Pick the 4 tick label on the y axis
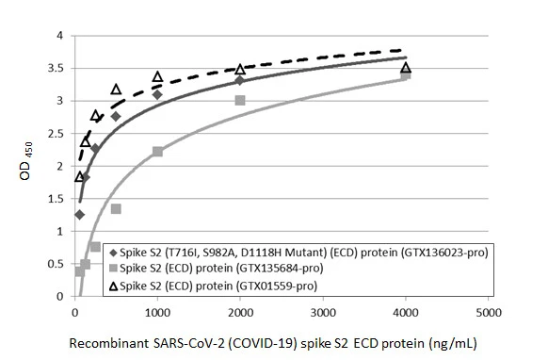pyautogui.click(x=60, y=36)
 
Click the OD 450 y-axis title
pyautogui.click(x=25, y=166)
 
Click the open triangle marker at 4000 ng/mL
pyautogui.click(x=405, y=68)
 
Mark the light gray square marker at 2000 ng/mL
pyautogui.click(x=240, y=100)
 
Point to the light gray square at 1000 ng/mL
pyautogui.click(x=157, y=152)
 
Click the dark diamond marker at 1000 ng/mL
pyautogui.click(x=157, y=95)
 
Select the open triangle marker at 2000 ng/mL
pyautogui.click(x=240, y=70)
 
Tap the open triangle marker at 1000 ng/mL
pyautogui.click(x=157, y=76)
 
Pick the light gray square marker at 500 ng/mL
pyautogui.click(x=116, y=208)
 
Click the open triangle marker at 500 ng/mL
pyautogui.click(x=116, y=90)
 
